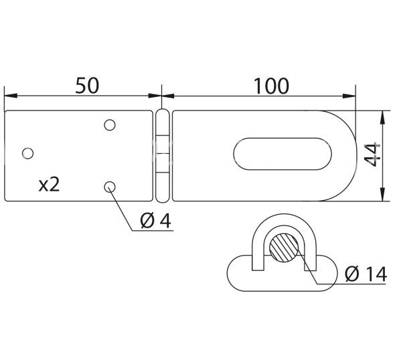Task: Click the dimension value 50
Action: (x=86, y=86)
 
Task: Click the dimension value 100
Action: (x=271, y=86)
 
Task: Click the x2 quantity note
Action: (x=49, y=184)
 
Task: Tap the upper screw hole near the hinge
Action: (x=110, y=124)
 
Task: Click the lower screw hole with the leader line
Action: (x=110, y=187)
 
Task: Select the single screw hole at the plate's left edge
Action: (x=27, y=153)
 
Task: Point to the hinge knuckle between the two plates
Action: (x=161, y=155)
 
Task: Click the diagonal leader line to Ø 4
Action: (x=125, y=208)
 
